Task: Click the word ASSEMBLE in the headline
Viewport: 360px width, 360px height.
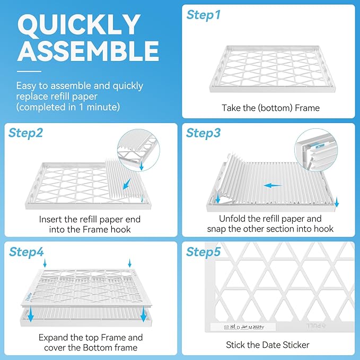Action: click(87, 51)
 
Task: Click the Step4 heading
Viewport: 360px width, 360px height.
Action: click(25, 252)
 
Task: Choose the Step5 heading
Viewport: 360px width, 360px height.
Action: click(203, 252)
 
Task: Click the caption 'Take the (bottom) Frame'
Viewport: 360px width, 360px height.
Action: click(270, 108)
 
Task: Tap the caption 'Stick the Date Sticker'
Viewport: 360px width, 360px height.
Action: click(268, 345)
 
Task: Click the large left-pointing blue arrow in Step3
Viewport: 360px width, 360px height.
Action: click(273, 186)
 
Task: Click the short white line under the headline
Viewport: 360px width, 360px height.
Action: click(29, 71)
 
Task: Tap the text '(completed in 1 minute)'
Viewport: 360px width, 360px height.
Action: click(68, 107)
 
